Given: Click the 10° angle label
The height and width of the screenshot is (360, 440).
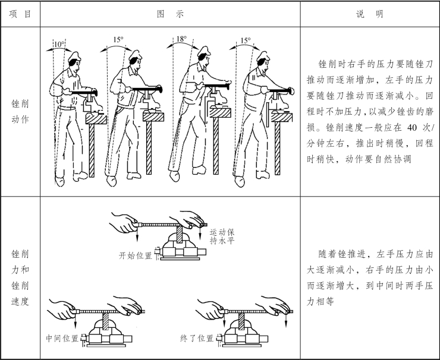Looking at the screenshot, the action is tap(59, 43).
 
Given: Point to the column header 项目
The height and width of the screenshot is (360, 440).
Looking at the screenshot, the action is tap(20, 14).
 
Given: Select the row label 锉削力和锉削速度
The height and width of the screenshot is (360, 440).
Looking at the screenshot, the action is tap(20, 277).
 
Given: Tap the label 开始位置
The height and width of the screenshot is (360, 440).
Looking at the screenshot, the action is tap(136, 255).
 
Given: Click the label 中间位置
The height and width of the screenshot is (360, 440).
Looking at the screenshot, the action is tap(62, 338).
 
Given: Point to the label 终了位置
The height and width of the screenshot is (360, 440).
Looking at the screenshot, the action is tap(197, 338).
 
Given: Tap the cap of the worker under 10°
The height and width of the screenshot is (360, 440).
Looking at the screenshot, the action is tap(73, 56).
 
